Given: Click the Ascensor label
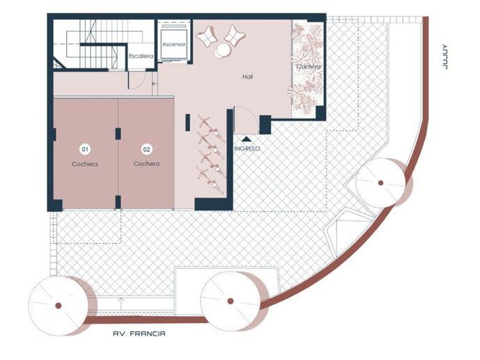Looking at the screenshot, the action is click(174, 45).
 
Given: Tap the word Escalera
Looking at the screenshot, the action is click(141, 56).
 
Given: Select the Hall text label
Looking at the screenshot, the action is click(247, 77).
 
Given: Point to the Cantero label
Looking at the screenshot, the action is click(308, 66).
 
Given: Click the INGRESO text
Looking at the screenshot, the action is click(247, 149).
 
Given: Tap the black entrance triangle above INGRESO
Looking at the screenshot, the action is click(247, 139).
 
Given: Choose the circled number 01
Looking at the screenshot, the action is click(85, 149).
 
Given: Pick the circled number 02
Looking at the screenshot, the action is click(147, 149).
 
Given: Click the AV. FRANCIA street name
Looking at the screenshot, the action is click(139, 334).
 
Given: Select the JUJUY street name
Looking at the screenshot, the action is click(445, 57).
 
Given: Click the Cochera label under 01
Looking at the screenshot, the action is click(85, 164).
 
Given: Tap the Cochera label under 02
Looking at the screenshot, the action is click(147, 164).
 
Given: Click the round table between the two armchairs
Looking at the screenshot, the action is click(222, 51).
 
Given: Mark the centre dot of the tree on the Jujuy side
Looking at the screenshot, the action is click(381, 183).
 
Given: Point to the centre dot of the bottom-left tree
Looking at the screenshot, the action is click(58, 306).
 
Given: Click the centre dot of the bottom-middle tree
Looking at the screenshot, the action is click(230, 301).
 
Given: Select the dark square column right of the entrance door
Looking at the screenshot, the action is click(265, 125).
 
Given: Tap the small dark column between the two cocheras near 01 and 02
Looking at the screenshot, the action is click(118, 134).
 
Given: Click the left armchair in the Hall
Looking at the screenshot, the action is click(206, 37).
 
